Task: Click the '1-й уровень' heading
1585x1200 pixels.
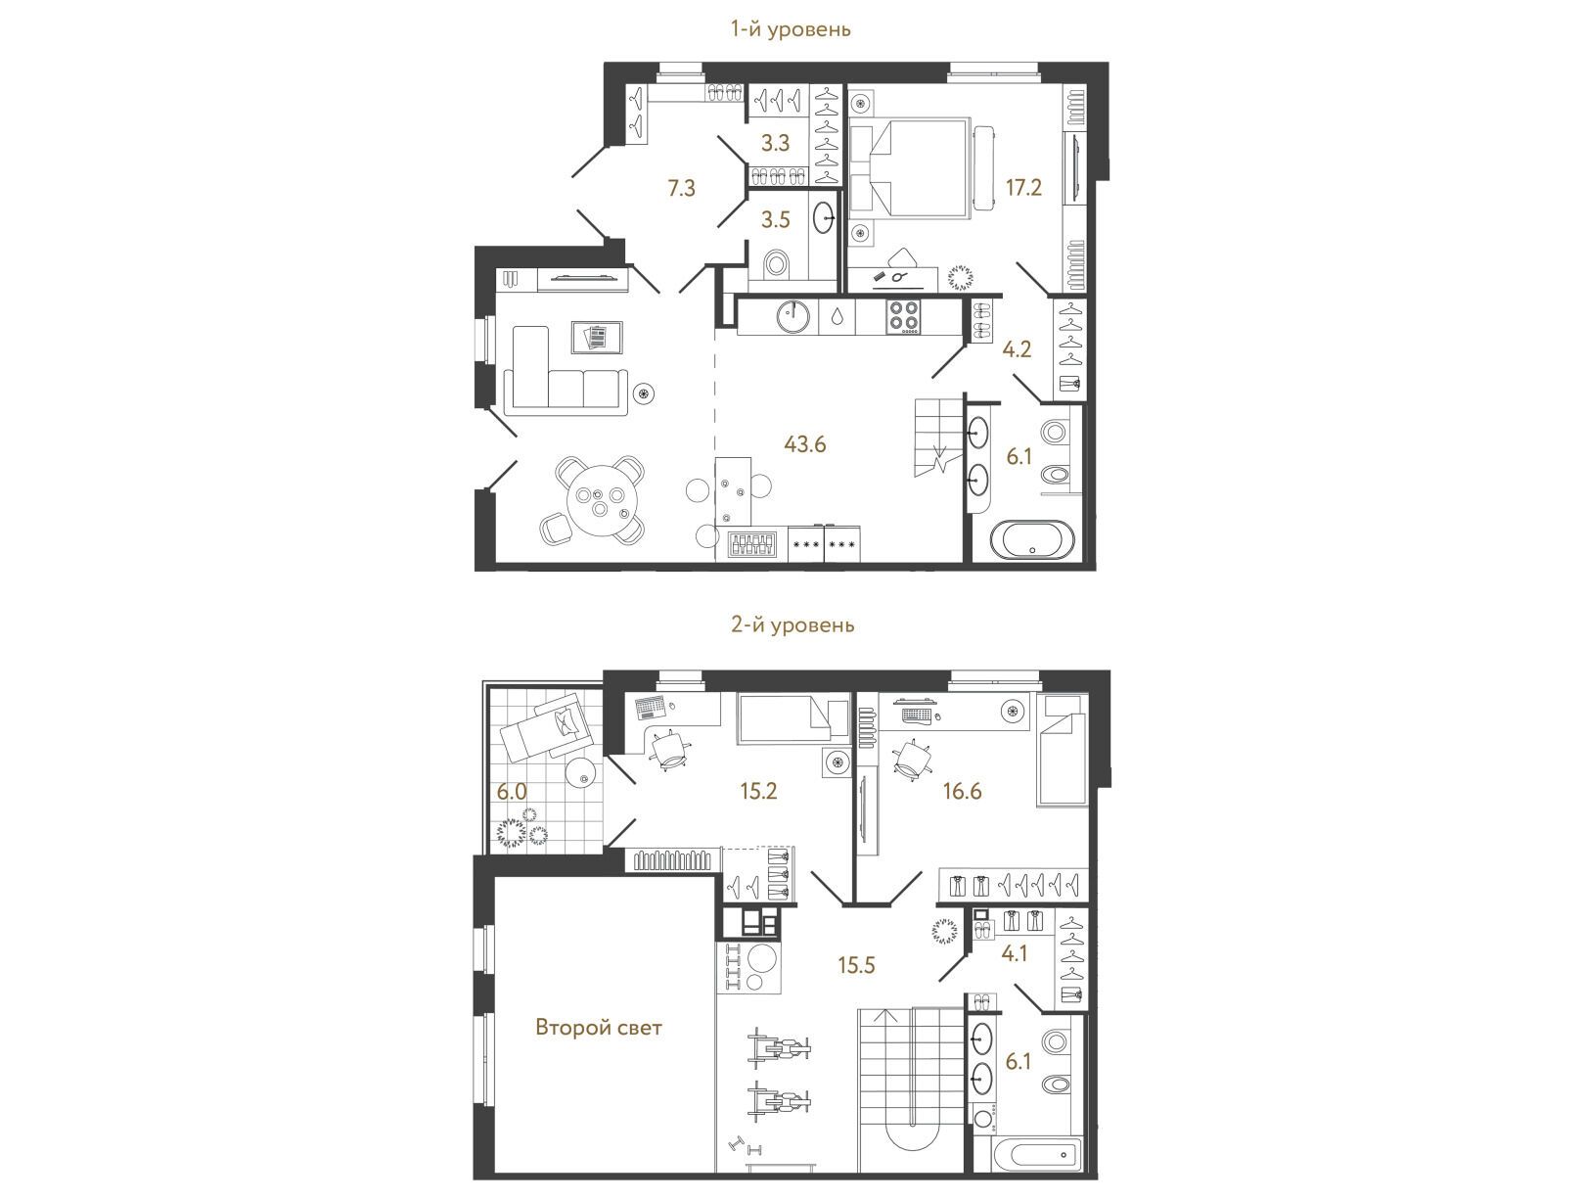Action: [x=791, y=29]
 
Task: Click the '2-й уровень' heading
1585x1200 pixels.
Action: [x=792, y=624]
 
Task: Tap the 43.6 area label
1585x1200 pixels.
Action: [x=804, y=444]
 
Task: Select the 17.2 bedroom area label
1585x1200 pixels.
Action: [x=1024, y=188]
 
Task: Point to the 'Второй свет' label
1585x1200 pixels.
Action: [x=599, y=1027]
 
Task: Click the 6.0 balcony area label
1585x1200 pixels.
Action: [x=512, y=792]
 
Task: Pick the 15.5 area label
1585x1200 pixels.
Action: [x=856, y=965]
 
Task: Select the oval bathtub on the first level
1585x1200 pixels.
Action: [x=1032, y=539]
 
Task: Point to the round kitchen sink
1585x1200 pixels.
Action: [x=792, y=316]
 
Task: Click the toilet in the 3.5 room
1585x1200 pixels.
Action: [x=776, y=263]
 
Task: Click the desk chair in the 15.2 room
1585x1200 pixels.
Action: [x=671, y=752]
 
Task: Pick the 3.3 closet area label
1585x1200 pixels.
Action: [x=776, y=143]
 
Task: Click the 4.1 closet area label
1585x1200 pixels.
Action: [x=1015, y=953]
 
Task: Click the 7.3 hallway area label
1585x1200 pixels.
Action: [x=681, y=189]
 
